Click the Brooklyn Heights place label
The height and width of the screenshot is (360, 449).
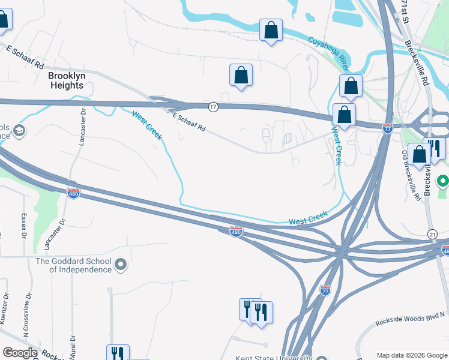pyautogui.click(x=67, y=80)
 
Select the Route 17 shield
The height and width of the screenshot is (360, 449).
pyautogui.click(x=213, y=107)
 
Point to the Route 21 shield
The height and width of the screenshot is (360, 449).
pyautogui.click(x=432, y=233)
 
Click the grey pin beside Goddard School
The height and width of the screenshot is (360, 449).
pyautogui.click(x=121, y=265)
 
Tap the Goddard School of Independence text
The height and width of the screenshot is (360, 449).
pyautogui.click(x=73, y=265)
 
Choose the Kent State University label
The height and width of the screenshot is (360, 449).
pyautogui.click(x=273, y=358)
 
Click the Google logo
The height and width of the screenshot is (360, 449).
pyautogui.click(x=20, y=353)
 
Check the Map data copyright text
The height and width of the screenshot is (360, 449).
pyautogui.click(x=411, y=355)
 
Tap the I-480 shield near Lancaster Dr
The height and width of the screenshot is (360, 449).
pyautogui.click(x=73, y=194)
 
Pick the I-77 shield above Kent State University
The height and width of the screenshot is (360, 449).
pyautogui.click(x=325, y=289)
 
